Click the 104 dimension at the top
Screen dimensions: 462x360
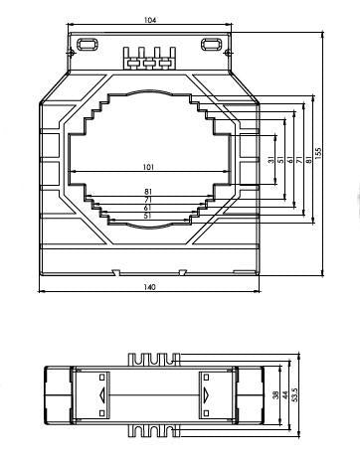pyautogui.click(x=149, y=20)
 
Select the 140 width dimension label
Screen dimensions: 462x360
pyautogui.click(x=149, y=287)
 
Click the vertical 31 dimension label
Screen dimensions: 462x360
pyautogui.click(x=270, y=161)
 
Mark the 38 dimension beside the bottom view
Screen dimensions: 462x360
pyautogui.click(x=275, y=394)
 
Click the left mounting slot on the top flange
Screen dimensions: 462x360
pyautogui.click(x=88, y=43)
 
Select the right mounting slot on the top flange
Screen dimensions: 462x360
pyautogui.click(x=211, y=43)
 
